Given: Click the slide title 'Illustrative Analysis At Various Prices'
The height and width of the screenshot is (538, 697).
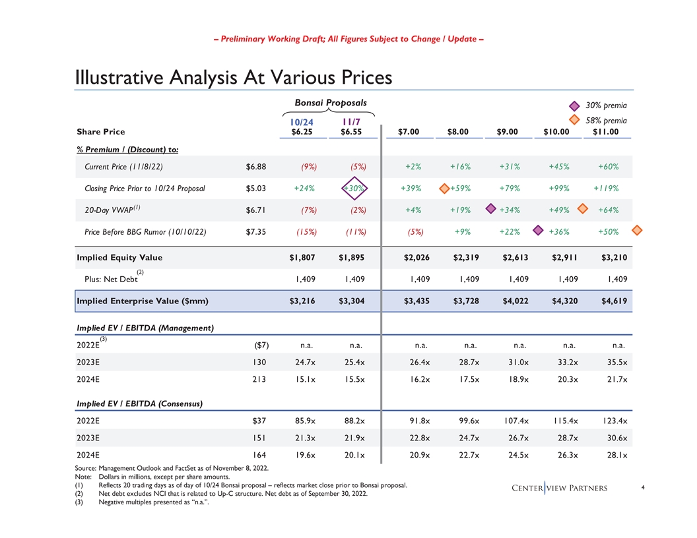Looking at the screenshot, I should click(x=234, y=78).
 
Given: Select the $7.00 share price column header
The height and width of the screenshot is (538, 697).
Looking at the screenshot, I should click(x=409, y=132).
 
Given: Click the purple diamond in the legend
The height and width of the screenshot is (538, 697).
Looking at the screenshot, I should click(x=574, y=105).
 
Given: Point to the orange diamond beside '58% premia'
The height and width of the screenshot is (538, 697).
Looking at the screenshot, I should click(x=574, y=121).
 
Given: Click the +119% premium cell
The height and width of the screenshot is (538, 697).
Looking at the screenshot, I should click(x=606, y=189).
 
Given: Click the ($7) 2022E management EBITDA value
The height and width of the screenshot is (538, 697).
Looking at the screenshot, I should click(x=261, y=344).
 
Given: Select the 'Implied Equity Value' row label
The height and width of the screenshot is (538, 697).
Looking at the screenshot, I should click(x=119, y=258).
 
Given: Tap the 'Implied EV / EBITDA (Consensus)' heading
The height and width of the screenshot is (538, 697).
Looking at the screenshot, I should click(x=139, y=403).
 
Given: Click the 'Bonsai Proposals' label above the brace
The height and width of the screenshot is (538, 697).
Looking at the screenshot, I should click(x=330, y=103).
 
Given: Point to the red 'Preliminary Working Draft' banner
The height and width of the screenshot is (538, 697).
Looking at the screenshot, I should click(x=348, y=39).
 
